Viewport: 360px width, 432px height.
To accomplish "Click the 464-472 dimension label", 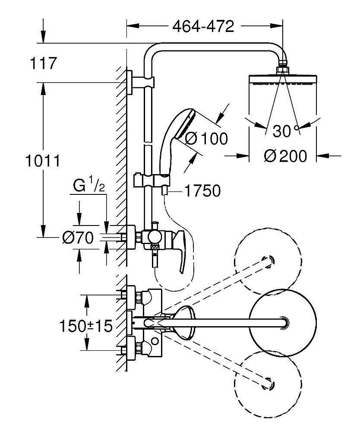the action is (x=203, y=26).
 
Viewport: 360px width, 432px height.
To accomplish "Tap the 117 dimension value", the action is (x=43, y=63).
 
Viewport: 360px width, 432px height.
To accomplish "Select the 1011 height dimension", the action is (x=43, y=161).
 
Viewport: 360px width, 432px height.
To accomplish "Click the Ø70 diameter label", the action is (x=78, y=238).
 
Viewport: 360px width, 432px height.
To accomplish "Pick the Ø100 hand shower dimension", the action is (x=206, y=138).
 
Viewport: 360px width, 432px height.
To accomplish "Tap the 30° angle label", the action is (x=286, y=130).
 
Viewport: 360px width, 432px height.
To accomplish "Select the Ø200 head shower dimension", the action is (x=285, y=156).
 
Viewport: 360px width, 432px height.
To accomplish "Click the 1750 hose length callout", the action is (x=202, y=191).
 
